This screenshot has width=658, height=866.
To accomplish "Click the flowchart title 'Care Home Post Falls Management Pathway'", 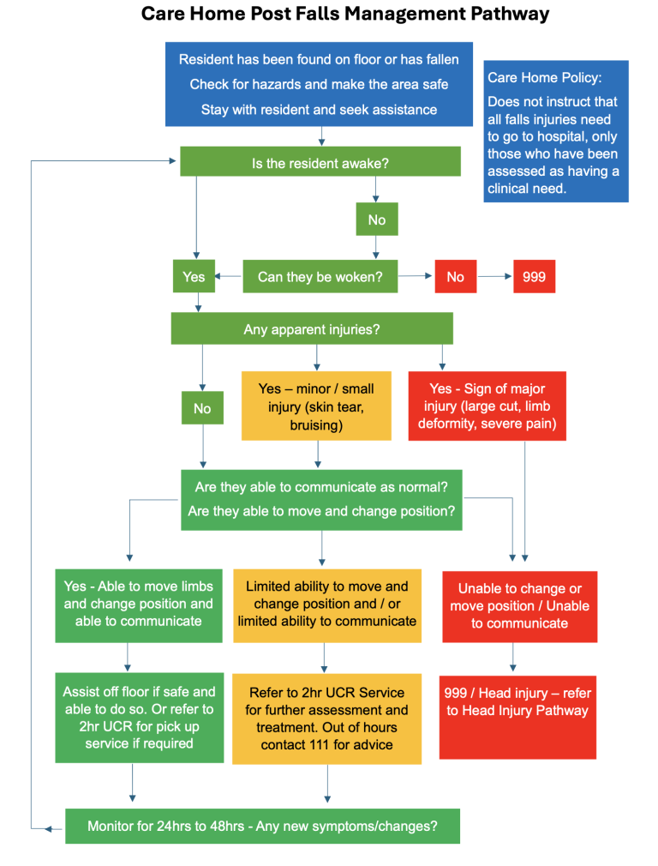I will pyautogui.click(x=344, y=15).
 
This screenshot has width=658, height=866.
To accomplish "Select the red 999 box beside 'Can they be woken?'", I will pyautogui.click(x=534, y=277).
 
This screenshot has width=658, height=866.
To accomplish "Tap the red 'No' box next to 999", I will pyautogui.click(x=455, y=277).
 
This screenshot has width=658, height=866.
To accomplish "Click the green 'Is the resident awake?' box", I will pyautogui.click(x=320, y=162).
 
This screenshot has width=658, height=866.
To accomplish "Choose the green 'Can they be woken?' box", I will pyautogui.click(x=320, y=277).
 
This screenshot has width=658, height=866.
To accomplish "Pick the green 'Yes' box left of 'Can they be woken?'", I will pyautogui.click(x=194, y=277).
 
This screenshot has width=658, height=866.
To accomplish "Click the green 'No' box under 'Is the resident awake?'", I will pyautogui.click(x=376, y=220).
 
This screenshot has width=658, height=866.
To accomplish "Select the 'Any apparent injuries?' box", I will pyautogui.click(x=312, y=328).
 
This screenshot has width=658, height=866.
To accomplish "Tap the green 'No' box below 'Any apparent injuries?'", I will pyautogui.click(x=202, y=408).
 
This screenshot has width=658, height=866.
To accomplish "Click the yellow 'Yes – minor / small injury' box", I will pyautogui.click(x=316, y=406).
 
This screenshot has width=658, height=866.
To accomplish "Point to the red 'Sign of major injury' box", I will pyautogui.click(x=487, y=406).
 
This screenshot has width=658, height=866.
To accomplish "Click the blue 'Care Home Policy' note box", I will pyautogui.click(x=555, y=131).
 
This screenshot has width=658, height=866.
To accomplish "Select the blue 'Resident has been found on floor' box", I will pyautogui.click(x=319, y=84).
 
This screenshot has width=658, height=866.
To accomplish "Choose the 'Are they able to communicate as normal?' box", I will pyautogui.click(x=320, y=500).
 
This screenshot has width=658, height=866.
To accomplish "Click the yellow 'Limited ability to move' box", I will pyautogui.click(x=326, y=604).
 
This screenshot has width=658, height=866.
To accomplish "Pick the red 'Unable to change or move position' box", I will pyautogui.click(x=519, y=606).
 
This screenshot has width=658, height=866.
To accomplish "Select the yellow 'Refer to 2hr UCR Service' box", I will pyautogui.click(x=326, y=719).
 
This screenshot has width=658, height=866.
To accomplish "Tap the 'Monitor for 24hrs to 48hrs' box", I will pyautogui.click(x=262, y=827).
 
